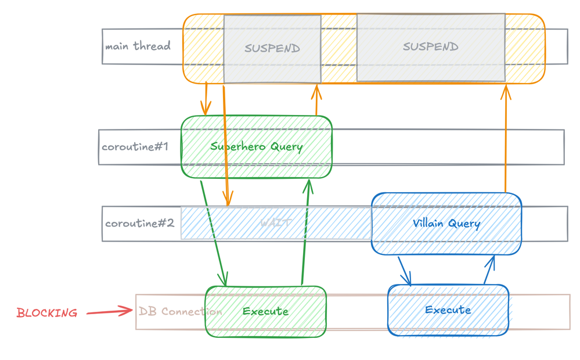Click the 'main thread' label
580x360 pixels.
click(138, 46)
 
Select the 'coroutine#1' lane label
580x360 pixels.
click(135, 147)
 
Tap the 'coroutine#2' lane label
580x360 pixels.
click(139, 224)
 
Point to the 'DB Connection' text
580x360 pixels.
click(180, 312)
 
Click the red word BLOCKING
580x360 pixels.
click(47, 314)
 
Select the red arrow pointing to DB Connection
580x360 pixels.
click(109, 312)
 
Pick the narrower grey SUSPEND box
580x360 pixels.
click(272, 49)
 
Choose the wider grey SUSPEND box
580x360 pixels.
click(431, 47)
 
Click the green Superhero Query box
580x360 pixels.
click(257, 147)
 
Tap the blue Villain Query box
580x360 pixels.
click(446, 224)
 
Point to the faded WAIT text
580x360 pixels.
click(276, 223)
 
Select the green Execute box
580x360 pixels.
click(265, 312)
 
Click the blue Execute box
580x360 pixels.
click(448, 310)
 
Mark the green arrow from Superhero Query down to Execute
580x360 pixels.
click(212, 232)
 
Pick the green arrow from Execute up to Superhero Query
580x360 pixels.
click(305, 232)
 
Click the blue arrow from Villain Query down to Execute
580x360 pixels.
click(405, 271)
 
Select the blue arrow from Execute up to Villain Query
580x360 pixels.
click(489, 269)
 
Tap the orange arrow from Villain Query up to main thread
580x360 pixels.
click(506, 139)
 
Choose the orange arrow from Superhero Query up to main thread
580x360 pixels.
click(316, 100)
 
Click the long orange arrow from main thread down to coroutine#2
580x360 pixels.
click(226, 145)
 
